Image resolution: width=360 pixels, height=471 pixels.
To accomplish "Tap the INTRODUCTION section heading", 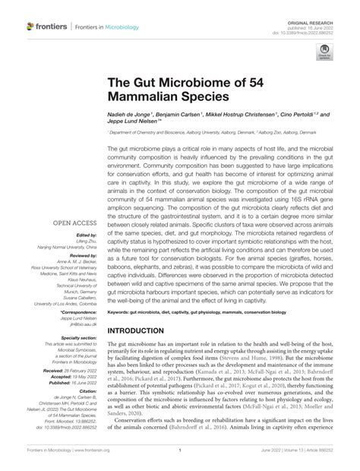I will (149, 331).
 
